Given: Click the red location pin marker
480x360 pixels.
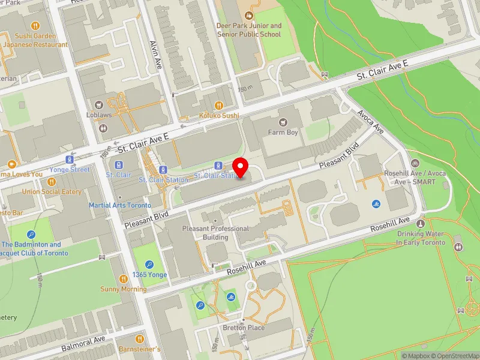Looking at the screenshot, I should tap(241, 167).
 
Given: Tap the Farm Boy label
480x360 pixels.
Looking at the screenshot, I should tap(283, 132).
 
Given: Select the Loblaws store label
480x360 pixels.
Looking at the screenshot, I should tap(100, 115).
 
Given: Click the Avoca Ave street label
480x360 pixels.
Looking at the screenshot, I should tap(370, 121).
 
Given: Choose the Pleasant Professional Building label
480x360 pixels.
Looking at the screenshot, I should tap(215, 233).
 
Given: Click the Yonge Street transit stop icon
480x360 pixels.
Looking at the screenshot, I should tap(70, 160).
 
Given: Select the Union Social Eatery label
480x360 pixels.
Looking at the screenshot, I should tap(52, 191).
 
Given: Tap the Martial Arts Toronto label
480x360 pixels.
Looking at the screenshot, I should tap(120, 205).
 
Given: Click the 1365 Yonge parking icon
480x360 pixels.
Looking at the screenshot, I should tap(149, 264).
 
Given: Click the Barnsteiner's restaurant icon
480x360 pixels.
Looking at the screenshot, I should tap(140, 338).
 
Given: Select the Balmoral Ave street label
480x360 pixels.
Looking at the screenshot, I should tap(83, 344).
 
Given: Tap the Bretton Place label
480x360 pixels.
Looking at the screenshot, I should tap(244, 328).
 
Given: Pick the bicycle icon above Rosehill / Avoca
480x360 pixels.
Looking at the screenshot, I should tap(415, 163).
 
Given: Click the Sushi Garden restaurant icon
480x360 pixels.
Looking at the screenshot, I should tap(35, 26).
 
